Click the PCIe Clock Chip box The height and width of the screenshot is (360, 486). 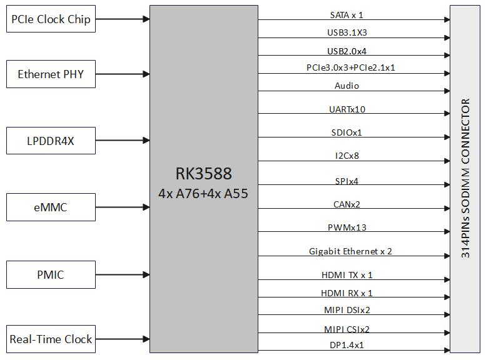(x=51, y=19)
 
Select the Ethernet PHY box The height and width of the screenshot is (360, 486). (x=51, y=74)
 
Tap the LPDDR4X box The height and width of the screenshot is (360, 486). (x=51, y=141)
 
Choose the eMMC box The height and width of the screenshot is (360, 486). (x=51, y=207)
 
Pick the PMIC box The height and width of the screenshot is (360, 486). (x=51, y=274)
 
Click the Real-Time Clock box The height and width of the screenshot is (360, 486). (x=51, y=339)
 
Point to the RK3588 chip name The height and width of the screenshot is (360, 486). (x=203, y=173)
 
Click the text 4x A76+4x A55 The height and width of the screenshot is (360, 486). (x=203, y=193)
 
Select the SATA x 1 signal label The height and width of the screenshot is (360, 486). (x=347, y=14)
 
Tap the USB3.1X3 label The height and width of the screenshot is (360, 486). (x=347, y=32)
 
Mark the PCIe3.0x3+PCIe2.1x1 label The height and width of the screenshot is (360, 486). (x=350, y=67)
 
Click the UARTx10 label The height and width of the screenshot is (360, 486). (x=347, y=109)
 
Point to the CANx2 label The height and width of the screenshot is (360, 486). (x=347, y=204)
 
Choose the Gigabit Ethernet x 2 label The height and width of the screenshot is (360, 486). (x=350, y=251)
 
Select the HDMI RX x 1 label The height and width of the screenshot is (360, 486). (x=347, y=292)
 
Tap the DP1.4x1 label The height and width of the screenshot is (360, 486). (x=347, y=344)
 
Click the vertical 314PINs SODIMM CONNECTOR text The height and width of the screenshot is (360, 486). (x=466, y=178)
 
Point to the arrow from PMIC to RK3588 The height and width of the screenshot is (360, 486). (x=123, y=274)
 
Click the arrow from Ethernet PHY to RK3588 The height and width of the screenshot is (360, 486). (x=123, y=74)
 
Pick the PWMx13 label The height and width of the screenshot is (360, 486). (x=347, y=227)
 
